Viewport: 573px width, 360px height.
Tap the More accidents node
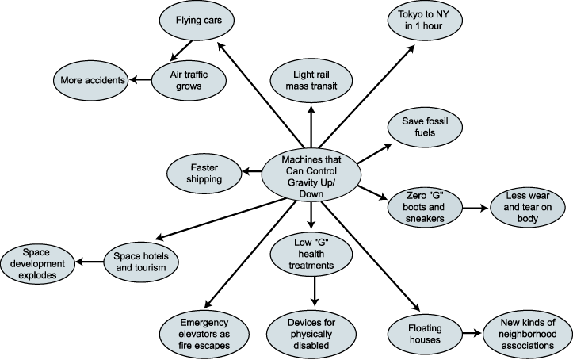(90, 79)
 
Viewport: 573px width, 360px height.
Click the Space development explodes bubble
(38, 263)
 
